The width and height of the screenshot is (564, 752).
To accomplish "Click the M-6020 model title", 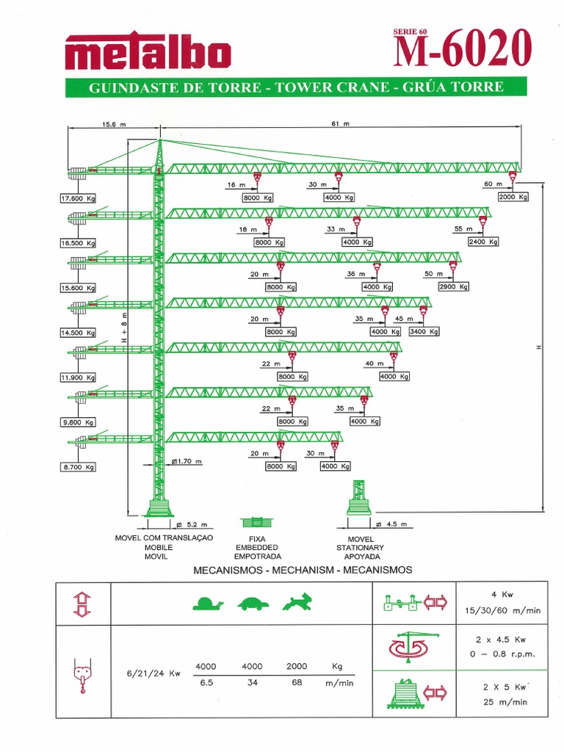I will pos(462,51).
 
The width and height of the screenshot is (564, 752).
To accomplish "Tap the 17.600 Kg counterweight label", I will pos(79,198).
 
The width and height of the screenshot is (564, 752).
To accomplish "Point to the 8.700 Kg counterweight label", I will pos(79,467).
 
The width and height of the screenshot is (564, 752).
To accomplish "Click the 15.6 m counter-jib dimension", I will pos(114,125).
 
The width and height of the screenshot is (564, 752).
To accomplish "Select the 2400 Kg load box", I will pos(483,242).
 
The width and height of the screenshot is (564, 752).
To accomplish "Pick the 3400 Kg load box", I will pos(424,331).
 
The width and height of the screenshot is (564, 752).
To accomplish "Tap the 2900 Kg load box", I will pos(453,286).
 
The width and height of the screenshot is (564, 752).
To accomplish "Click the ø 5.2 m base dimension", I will pos(193,525).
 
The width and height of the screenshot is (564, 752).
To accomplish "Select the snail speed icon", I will pos(207,604).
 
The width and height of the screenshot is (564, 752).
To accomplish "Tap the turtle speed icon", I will pos(252,604).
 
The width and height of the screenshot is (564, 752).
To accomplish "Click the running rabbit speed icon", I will pos(296,603).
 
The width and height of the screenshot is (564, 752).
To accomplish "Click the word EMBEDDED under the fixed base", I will pos(256,548).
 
